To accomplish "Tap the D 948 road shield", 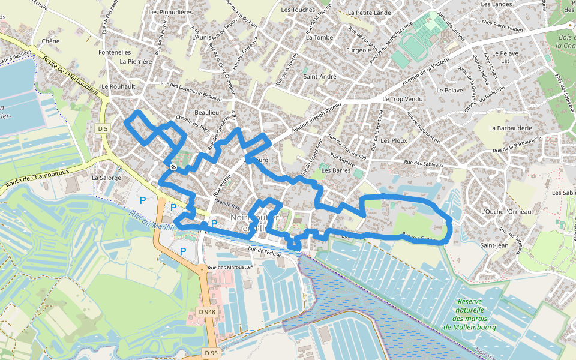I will pos(206,312).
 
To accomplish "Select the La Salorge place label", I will pos(106,178).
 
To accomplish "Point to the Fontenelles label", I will pos(115,52).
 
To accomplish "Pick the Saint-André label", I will pos(319,76).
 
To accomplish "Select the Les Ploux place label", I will pos(394,140).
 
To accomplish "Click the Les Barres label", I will pos(335,170).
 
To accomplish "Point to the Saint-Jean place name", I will pos(495,245).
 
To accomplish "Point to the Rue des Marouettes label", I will pos(230,267).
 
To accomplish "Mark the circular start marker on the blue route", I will pos(173,167).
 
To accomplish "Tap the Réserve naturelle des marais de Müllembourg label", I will pos(470,314).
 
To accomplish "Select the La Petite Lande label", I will pos(369,13).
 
